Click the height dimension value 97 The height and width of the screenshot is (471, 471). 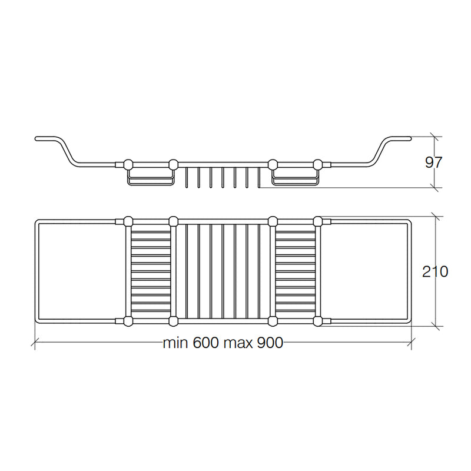pyautogui.click(x=433, y=162)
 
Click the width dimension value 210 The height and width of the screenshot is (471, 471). pyautogui.click(x=435, y=271)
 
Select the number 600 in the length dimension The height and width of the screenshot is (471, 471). pyautogui.click(x=205, y=343)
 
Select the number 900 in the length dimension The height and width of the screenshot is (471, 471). pyautogui.click(x=270, y=343)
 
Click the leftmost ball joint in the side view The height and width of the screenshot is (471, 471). pyautogui.click(x=128, y=164)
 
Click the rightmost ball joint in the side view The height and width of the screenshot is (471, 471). pyautogui.click(x=317, y=164)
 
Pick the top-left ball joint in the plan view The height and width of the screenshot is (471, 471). pyautogui.click(x=128, y=221)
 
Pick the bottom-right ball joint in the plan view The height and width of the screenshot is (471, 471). pyautogui.click(x=317, y=321)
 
